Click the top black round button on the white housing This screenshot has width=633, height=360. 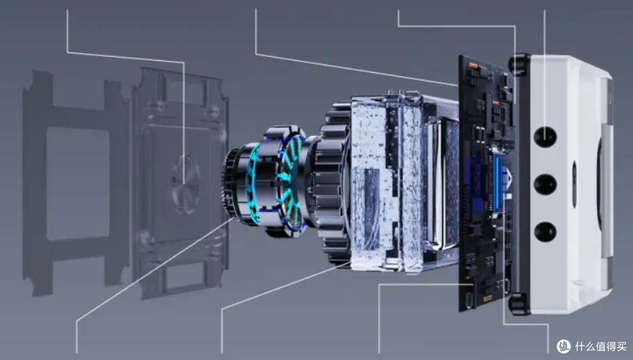click(545, 137)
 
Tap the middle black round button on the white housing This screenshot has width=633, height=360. click(545, 184)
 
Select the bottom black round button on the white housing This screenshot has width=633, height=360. click(545, 232)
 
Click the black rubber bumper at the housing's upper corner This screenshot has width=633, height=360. click(519, 64)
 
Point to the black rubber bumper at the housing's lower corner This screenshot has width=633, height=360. click(519, 304)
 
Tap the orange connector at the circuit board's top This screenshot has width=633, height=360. click(473, 65)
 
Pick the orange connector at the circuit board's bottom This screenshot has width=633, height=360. click(488, 298)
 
